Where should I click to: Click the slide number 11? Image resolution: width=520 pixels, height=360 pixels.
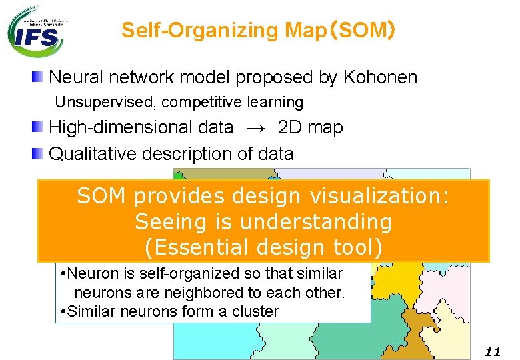click(492, 351)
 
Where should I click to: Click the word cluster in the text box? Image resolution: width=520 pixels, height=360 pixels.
click(255, 311)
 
